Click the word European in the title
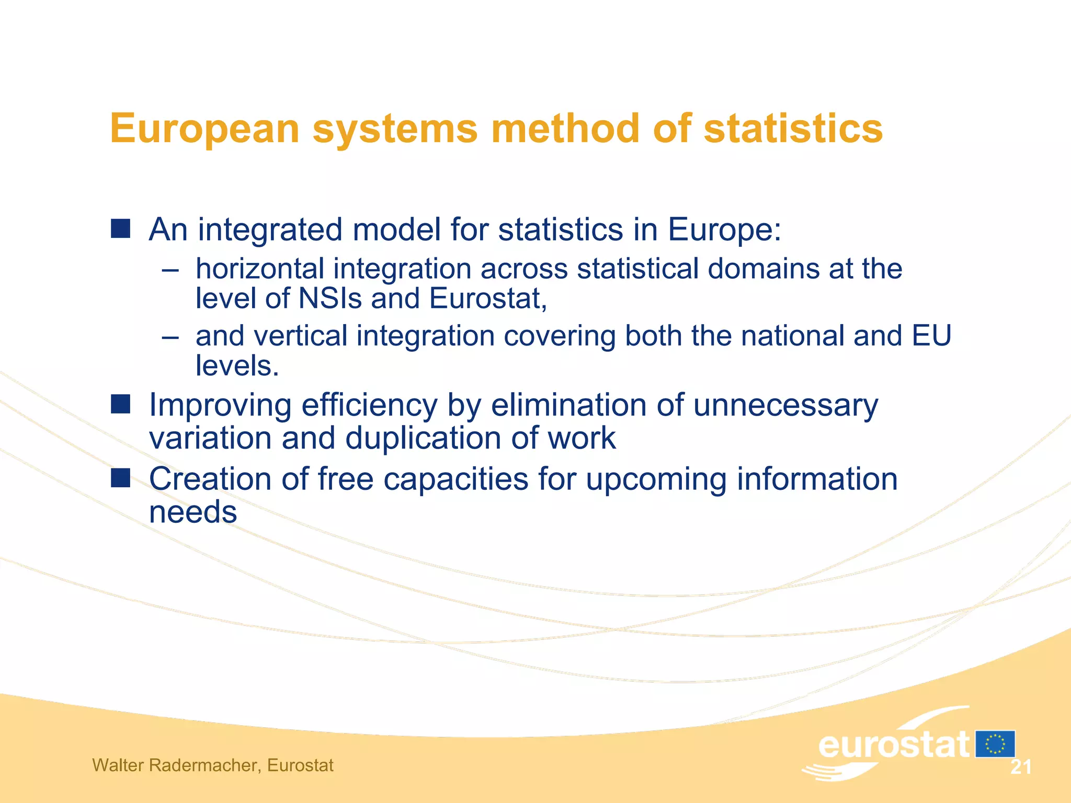204,129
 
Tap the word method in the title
565,129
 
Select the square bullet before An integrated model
120,229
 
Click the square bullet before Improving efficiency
120,404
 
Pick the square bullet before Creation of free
120,477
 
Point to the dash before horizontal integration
170,270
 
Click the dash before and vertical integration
170,337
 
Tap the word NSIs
329,299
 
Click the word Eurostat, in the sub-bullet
488,299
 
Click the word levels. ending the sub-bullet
237,365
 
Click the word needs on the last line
193,512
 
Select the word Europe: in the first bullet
724,230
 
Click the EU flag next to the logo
995,744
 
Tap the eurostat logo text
893,745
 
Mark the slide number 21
1021,767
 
